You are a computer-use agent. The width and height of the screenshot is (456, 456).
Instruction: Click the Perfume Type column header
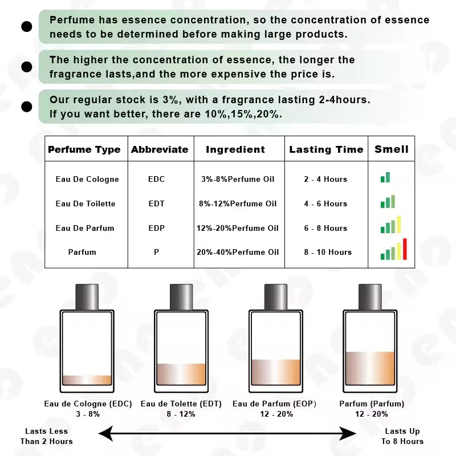point(84,150)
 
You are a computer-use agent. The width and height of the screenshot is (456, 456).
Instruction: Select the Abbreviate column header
point(160,150)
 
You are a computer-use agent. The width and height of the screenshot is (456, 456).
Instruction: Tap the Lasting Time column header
point(326,150)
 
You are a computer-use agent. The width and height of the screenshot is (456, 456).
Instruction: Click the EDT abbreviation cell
point(156,203)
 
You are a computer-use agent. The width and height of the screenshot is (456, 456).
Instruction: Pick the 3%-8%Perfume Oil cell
point(238,179)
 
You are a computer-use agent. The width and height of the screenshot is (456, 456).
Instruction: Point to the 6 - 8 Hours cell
point(325,228)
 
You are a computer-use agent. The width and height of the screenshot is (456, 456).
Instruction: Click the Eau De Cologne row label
point(87,179)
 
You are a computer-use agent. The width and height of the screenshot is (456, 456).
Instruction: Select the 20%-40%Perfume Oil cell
point(238,252)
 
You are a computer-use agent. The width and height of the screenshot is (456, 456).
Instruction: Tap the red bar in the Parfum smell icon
point(405,249)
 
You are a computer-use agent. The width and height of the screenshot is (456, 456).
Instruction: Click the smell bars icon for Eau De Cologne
point(385,178)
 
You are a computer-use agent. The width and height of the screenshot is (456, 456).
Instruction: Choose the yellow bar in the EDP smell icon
point(399,225)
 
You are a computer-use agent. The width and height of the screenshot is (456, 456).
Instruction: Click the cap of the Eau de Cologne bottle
point(87,297)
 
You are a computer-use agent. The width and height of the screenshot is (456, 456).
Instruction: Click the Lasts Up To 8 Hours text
point(402,436)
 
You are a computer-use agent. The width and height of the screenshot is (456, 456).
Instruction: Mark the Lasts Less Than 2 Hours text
point(46,436)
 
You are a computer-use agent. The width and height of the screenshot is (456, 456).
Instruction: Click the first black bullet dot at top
point(26,26)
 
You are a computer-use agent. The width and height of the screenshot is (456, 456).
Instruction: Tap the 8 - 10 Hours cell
point(328,252)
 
